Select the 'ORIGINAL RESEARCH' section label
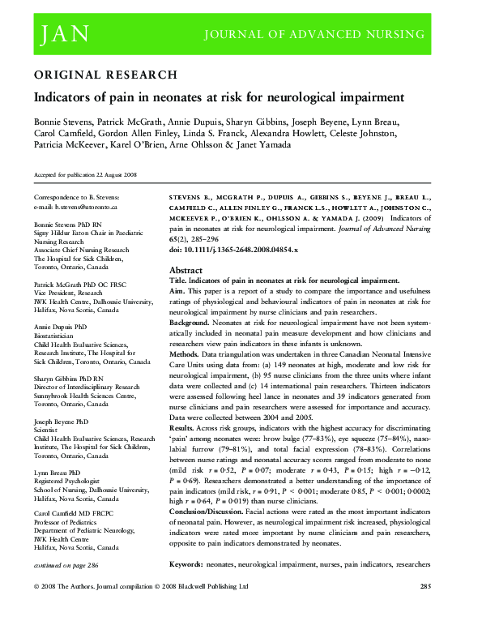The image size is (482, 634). point(105,75)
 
